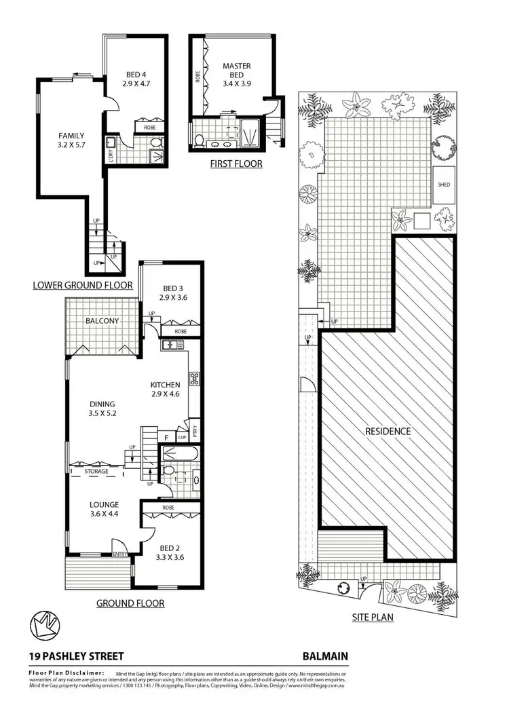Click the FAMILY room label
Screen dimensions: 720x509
pos(71,134)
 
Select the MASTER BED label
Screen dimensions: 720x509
pos(236,71)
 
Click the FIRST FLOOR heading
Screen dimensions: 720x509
pos(237,164)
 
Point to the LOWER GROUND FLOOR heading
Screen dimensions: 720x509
pos(83,286)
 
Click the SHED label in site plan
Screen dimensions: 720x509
pos(444,185)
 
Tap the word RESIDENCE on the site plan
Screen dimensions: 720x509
pos(388,431)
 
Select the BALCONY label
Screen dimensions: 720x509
pos(102,321)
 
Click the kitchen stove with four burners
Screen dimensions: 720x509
pos(193,379)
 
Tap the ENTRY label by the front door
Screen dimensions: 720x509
pos(120,554)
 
